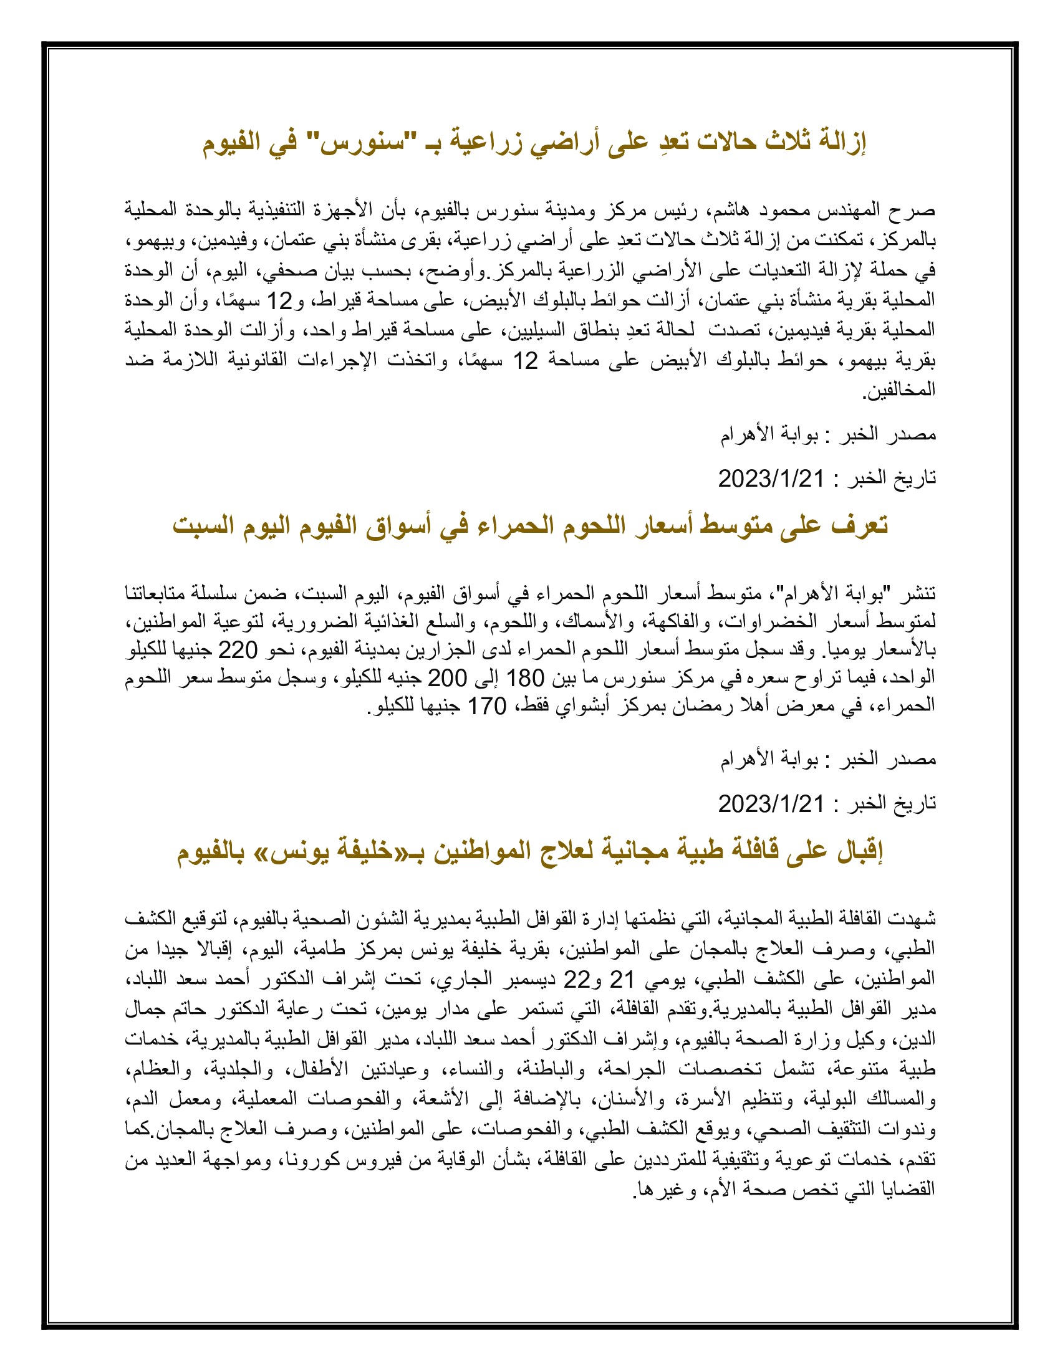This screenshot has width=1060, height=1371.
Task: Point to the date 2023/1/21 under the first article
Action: pyautogui.click(x=771, y=479)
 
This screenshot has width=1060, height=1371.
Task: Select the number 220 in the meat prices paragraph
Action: pyautogui.click(x=238, y=651)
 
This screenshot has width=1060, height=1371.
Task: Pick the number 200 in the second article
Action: pyautogui.click(x=447, y=678)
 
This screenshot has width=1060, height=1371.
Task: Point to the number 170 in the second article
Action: pyautogui.click(x=488, y=706)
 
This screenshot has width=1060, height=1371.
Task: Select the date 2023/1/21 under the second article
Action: pyautogui.click(x=771, y=803)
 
